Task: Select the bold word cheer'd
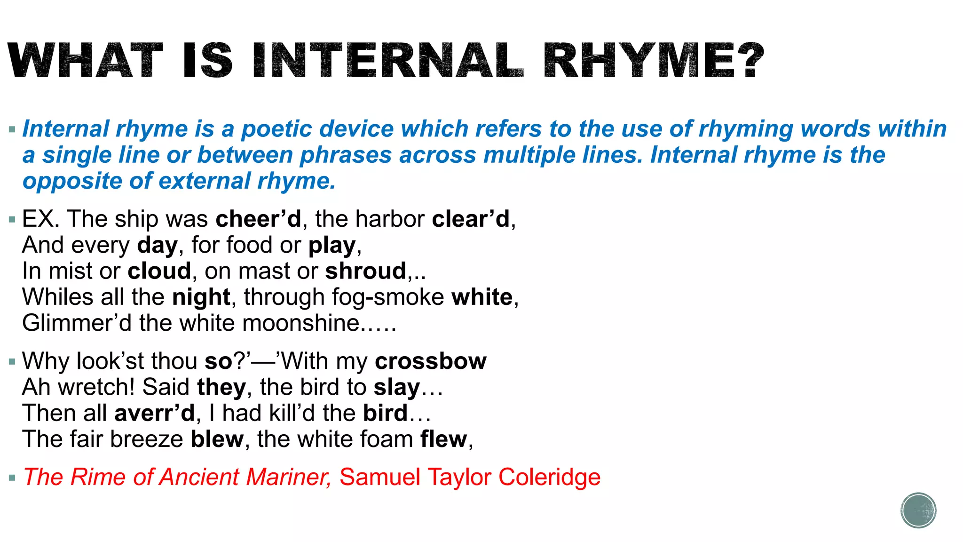tap(258, 219)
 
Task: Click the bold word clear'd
tap(471, 219)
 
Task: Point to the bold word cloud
tap(159, 271)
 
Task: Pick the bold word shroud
tap(365, 271)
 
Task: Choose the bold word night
tap(201, 297)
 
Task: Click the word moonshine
tap(301, 323)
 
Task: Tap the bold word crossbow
tap(431, 361)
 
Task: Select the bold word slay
tap(397, 388)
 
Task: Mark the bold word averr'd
tap(154, 414)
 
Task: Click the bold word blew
tap(217, 439)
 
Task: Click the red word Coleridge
tap(549, 477)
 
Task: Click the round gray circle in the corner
tap(918, 510)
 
